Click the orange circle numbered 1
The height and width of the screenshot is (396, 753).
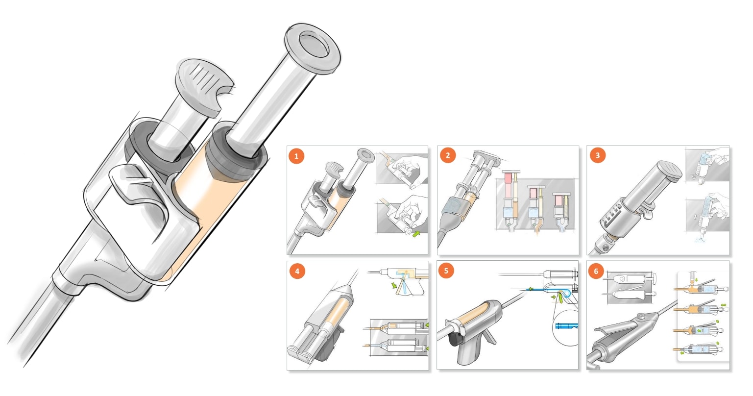pos(296,156)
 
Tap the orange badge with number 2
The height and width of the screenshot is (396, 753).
pos(448,155)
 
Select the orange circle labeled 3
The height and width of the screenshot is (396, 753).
pos(597,155)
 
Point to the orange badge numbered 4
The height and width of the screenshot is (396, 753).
pos(297,271)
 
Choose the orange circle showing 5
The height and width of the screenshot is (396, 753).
pos(446,271)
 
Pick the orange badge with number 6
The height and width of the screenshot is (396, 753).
pos(596,271)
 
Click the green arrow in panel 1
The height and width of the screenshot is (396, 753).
pos(416,233)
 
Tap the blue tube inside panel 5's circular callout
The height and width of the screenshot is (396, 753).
pos(567,326)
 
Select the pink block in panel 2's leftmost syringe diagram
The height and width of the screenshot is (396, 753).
pos(508,178)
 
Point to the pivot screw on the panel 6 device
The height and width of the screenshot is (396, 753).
pos(641,316)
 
